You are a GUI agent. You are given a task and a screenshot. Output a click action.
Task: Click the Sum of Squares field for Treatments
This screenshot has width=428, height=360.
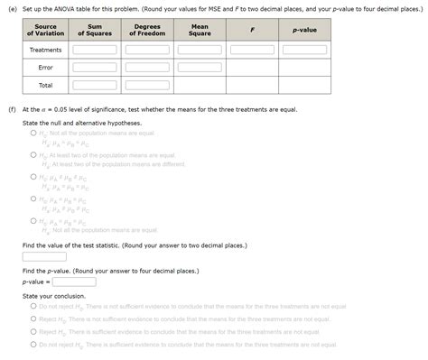pos(95,50)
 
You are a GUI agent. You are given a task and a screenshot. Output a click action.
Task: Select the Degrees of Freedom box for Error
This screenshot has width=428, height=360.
pos(147,68)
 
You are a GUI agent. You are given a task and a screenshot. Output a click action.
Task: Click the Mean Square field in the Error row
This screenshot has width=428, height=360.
pos(200,68)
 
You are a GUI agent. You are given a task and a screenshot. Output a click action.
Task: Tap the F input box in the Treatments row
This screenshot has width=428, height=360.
pos(252,50)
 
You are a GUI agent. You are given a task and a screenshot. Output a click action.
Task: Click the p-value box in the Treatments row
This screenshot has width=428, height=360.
pos(304,50)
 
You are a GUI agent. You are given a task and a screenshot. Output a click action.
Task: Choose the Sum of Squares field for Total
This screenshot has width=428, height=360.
pos(95,86)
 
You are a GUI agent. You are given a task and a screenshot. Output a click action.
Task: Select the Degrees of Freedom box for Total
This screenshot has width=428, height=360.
pos(147,86)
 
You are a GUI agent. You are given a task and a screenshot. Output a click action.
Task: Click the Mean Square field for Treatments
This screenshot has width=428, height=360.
pos(200,50)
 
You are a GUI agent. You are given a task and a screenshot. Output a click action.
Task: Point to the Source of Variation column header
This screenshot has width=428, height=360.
pos(45,30)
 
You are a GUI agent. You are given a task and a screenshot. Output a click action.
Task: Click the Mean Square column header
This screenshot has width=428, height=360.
pos(200,30)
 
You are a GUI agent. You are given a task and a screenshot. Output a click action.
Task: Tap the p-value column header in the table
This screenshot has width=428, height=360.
pos(304,30)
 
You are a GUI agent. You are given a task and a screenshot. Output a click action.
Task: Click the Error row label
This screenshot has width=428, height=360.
pos(45,68)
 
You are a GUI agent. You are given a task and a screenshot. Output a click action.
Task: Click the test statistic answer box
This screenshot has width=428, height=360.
pos(44,256)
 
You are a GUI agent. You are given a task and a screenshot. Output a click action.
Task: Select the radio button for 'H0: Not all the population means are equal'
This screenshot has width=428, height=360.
pos(33,133)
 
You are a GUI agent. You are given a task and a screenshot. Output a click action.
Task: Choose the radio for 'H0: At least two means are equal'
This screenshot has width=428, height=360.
pos(33,155)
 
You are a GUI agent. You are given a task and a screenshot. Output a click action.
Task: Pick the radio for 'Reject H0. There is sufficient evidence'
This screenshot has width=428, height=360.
pos(33,331)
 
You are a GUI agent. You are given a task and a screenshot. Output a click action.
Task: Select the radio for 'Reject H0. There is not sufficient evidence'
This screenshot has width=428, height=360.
pos(33,318)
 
